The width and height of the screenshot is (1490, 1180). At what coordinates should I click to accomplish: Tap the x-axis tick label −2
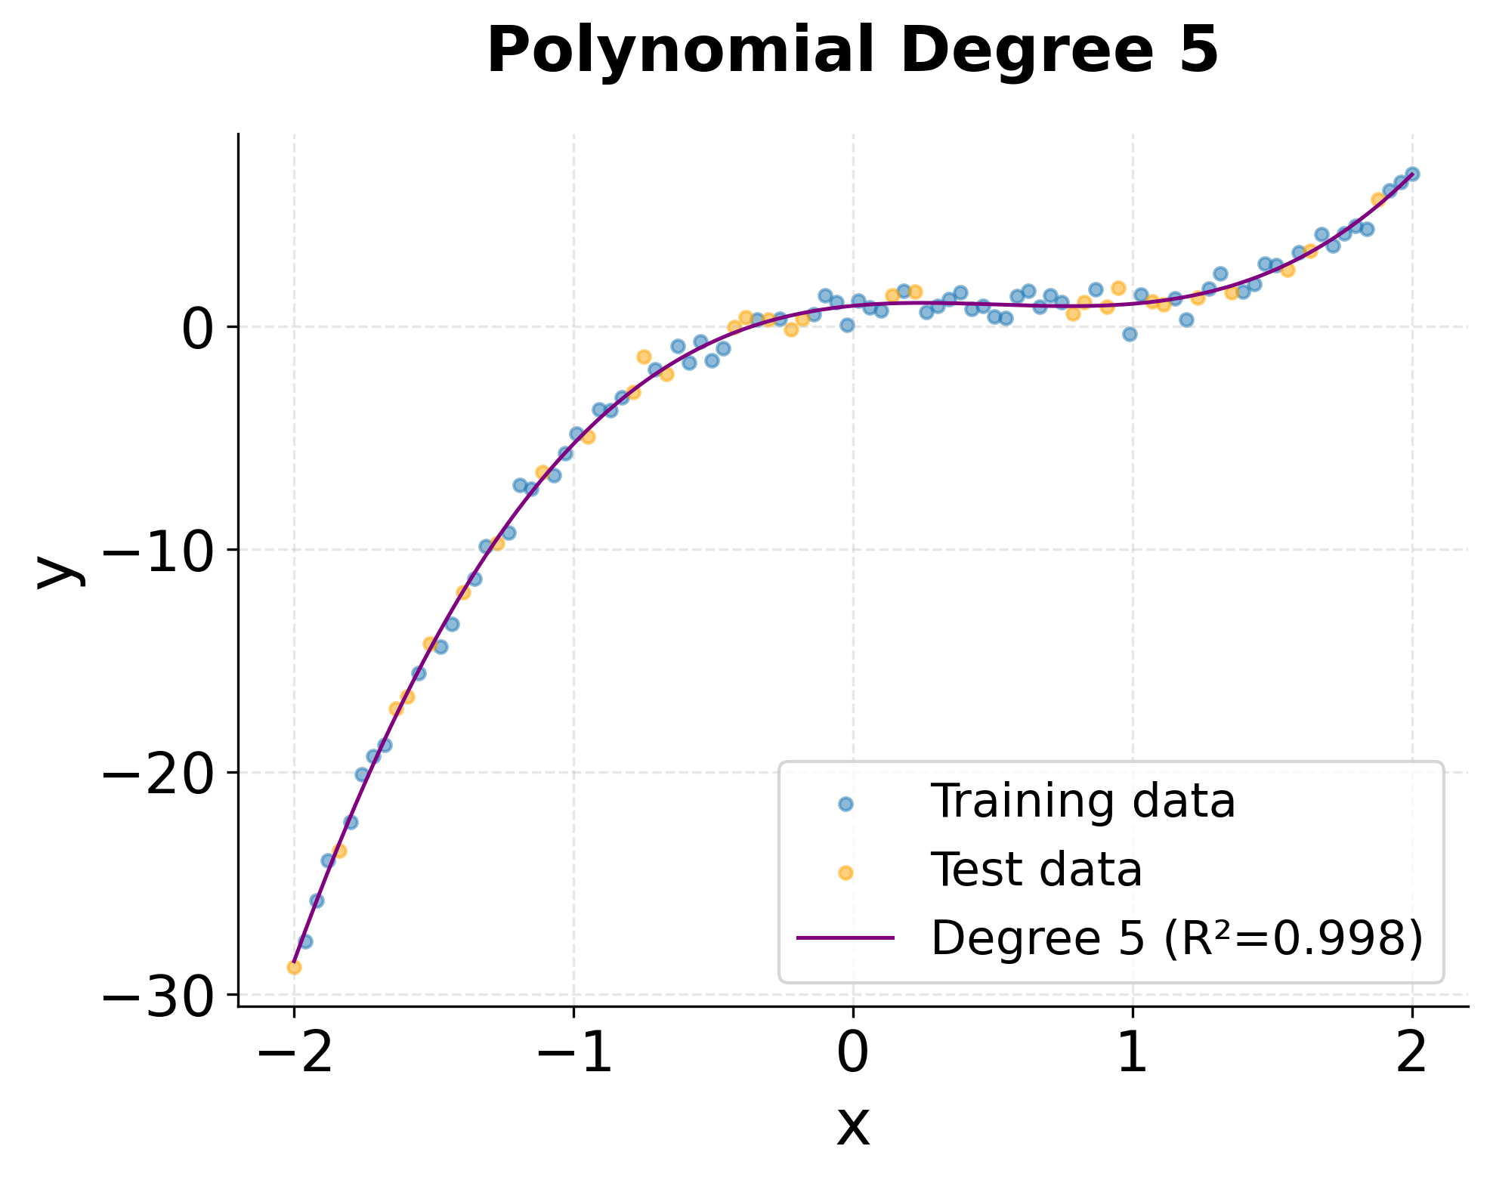pyautogui.click(x=294, y=1055)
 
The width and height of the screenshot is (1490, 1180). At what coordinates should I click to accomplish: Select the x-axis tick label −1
pyautogui.click(x=573, y=1055)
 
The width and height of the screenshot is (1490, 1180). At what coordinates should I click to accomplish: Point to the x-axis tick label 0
pyautogui.click(x=853, y=1055)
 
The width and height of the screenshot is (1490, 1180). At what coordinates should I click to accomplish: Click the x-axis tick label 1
pyautogui.click(x=1133, y=1055)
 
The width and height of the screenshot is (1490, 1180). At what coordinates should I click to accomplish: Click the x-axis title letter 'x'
pyautogui.click(x=853, y=1127)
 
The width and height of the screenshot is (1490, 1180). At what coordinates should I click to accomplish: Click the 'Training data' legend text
pyautogui.click(x=1082, y=802)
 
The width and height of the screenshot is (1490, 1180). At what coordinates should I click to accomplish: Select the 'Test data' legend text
pyautogui.click(x=1036, y=870)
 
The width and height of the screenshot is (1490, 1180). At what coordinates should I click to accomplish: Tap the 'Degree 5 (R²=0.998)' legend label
pyautogui.click(x=1176, y=939)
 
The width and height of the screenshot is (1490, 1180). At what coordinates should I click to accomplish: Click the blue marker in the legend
pyautogui.click(x=845, y=805)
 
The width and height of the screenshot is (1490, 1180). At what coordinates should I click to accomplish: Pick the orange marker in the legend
pyautogui.click(x=845, y=873)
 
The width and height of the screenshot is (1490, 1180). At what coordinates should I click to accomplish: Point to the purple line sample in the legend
pyautogui.click(x=845, y=938)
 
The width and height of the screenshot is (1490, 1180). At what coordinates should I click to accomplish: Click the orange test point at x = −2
pyautogui.click(x=294, y=967)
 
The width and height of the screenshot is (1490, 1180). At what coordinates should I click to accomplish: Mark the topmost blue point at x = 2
pyautogui.click(x=1412, y=174)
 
